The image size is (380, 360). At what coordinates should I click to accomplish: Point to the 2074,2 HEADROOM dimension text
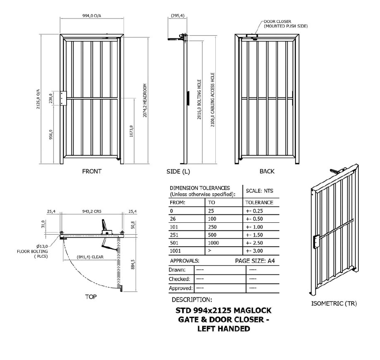(x=145, y=101)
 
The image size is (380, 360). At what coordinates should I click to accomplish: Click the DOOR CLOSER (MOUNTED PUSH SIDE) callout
(x=285, y=24)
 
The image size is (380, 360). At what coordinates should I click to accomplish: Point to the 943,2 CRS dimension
(x=92, y=211)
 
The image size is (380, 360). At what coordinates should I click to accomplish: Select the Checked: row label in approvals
(x=179, y=279)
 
